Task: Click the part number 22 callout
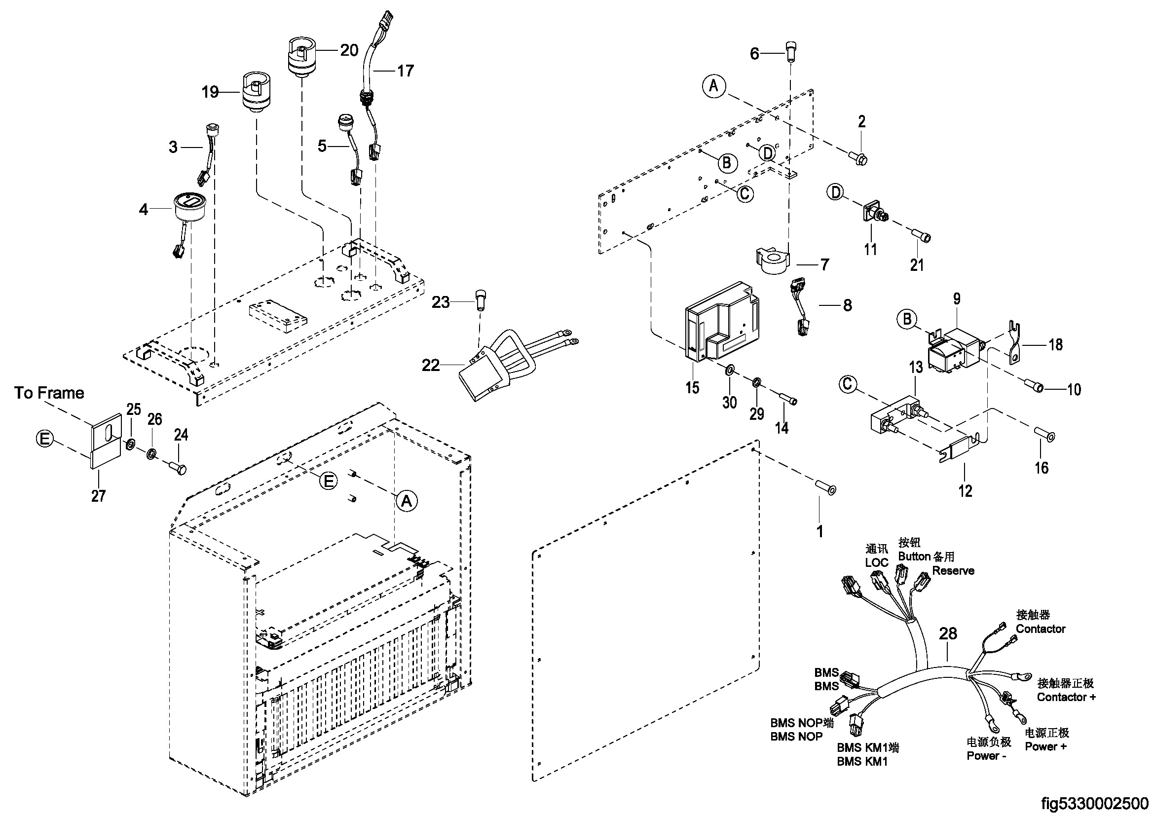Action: (430, 365)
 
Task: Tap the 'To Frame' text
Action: (49, 393)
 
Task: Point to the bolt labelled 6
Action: (791, 51)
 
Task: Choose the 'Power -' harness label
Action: (986, 756)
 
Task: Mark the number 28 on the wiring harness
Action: (948, 633)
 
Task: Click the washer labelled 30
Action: (729, 371)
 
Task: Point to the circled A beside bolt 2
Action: (714, 86)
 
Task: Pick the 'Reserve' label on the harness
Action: (953, 571)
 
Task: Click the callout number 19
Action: (210, 92)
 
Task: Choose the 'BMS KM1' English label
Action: (862, 762)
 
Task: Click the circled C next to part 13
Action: (848, 384)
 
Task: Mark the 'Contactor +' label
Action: (1066, 698)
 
